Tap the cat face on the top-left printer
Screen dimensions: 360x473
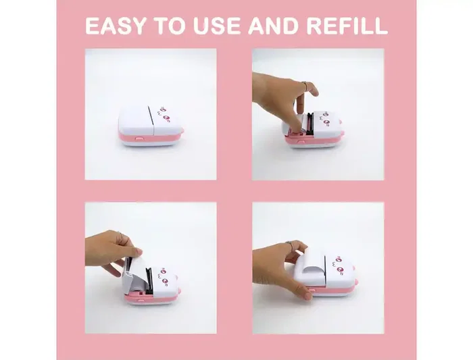pyautogui.click(x=168, y=108)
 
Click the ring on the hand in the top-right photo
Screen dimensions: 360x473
pyautogui.click(x=306, y=86)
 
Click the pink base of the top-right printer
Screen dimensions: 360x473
pyautogui.click(x=318, y=143)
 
